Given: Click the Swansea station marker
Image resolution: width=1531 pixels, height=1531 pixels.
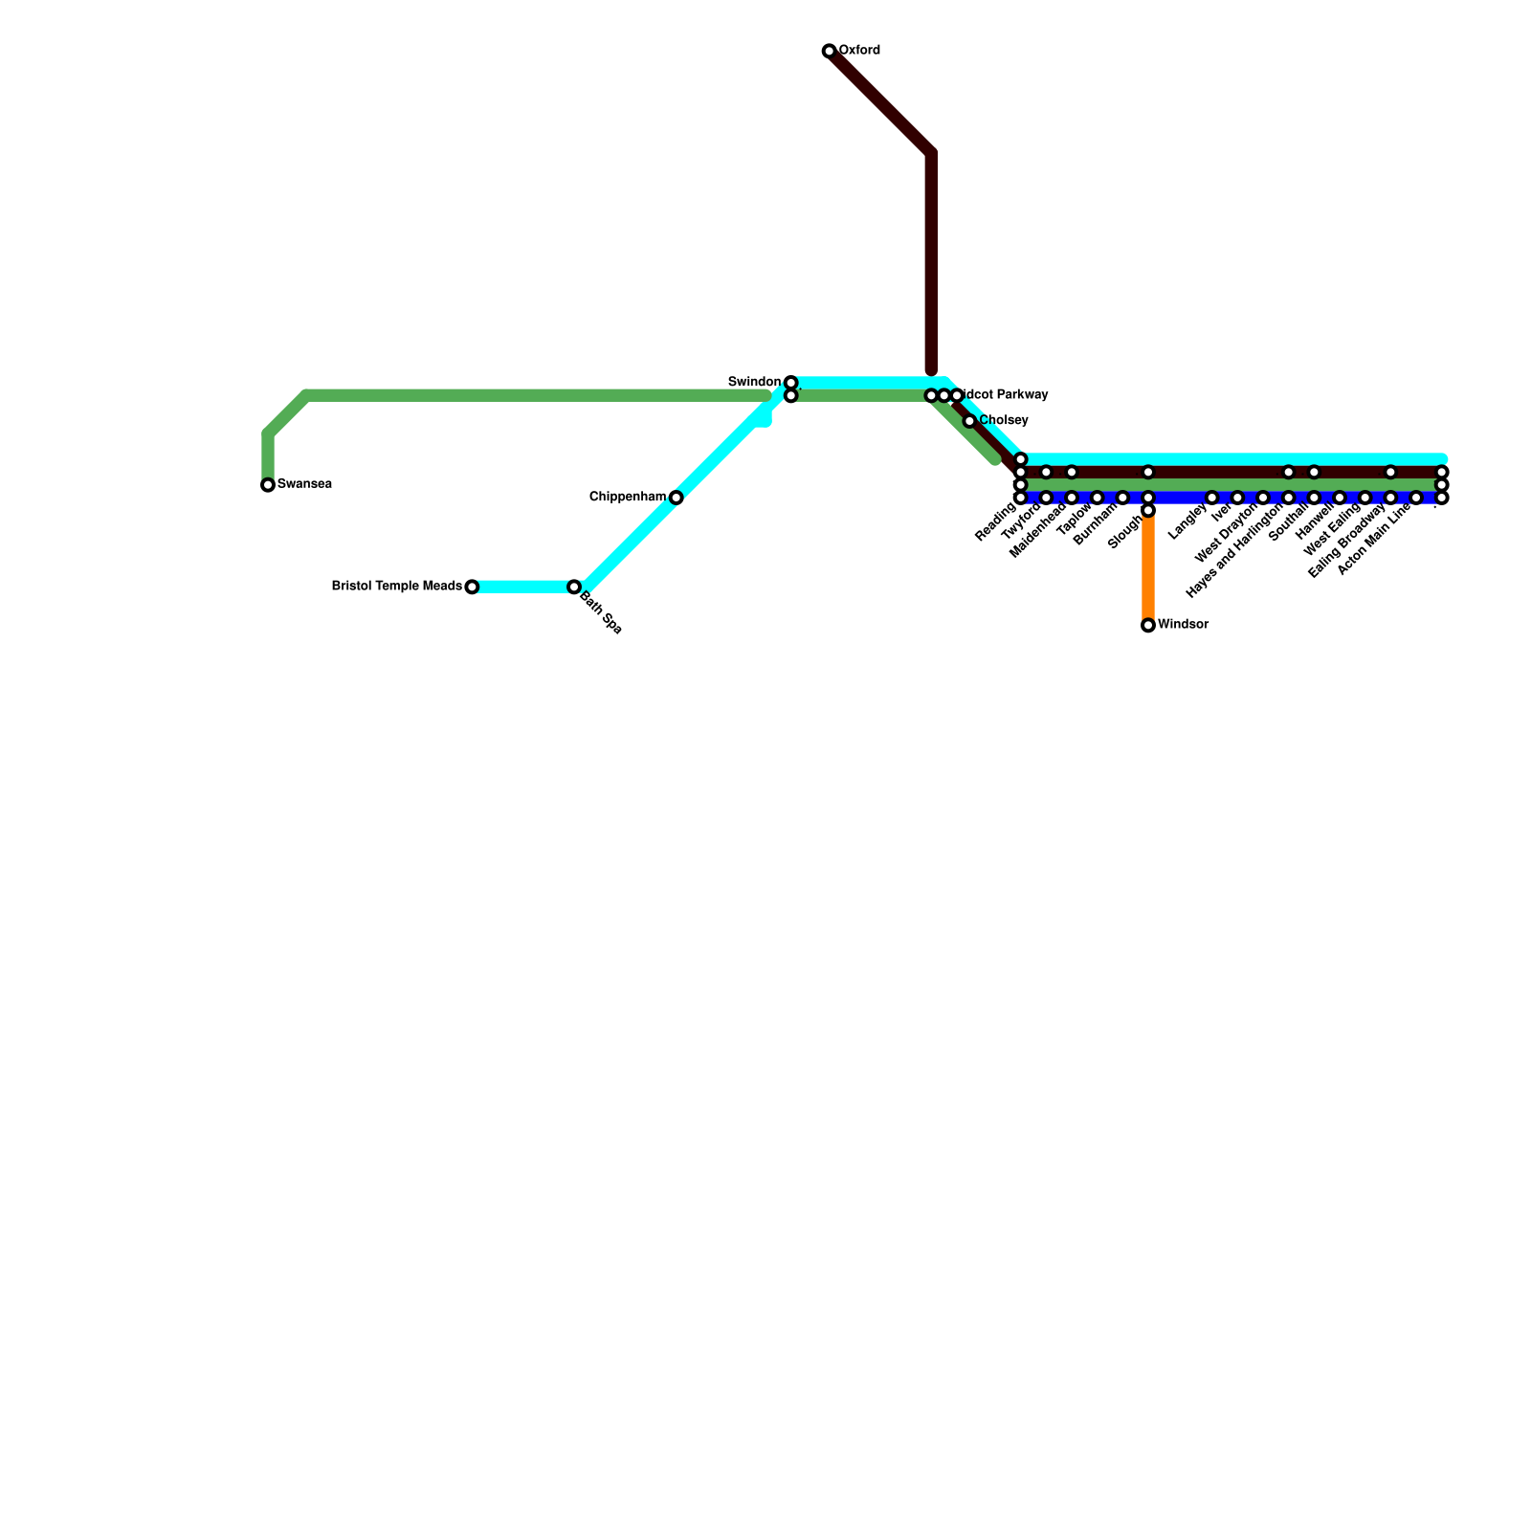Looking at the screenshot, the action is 268,485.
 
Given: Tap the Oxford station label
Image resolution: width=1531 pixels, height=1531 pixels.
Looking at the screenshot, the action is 859,50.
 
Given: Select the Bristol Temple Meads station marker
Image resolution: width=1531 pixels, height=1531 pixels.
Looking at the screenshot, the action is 472,587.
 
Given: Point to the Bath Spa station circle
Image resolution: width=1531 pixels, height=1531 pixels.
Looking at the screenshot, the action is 574,587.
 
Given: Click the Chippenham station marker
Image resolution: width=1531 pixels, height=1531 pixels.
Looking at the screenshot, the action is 677,498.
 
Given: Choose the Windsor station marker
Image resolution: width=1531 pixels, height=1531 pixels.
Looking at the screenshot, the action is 1148,626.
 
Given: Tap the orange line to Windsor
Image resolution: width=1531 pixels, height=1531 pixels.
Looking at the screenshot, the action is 1148,569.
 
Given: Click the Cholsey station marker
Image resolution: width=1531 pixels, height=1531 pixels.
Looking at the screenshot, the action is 969,421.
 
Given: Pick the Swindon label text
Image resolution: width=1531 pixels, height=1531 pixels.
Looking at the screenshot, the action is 754,382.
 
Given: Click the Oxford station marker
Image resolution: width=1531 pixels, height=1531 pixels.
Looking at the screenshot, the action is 829,51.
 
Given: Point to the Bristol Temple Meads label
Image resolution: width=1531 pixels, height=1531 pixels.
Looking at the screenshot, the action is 397,586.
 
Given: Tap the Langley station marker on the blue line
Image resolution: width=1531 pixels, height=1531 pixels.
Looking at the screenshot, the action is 1212,498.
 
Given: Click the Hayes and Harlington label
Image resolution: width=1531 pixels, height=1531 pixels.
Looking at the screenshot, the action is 1234,552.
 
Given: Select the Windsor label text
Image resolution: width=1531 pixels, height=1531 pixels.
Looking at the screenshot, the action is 1183,625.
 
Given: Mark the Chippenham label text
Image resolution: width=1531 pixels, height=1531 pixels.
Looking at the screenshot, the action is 628,497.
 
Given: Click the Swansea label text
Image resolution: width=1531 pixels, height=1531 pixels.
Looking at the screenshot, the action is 304,484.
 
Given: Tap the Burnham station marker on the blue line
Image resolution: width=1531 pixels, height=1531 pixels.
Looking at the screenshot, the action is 1122,498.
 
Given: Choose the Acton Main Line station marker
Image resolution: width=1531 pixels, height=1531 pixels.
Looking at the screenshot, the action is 1416,498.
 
